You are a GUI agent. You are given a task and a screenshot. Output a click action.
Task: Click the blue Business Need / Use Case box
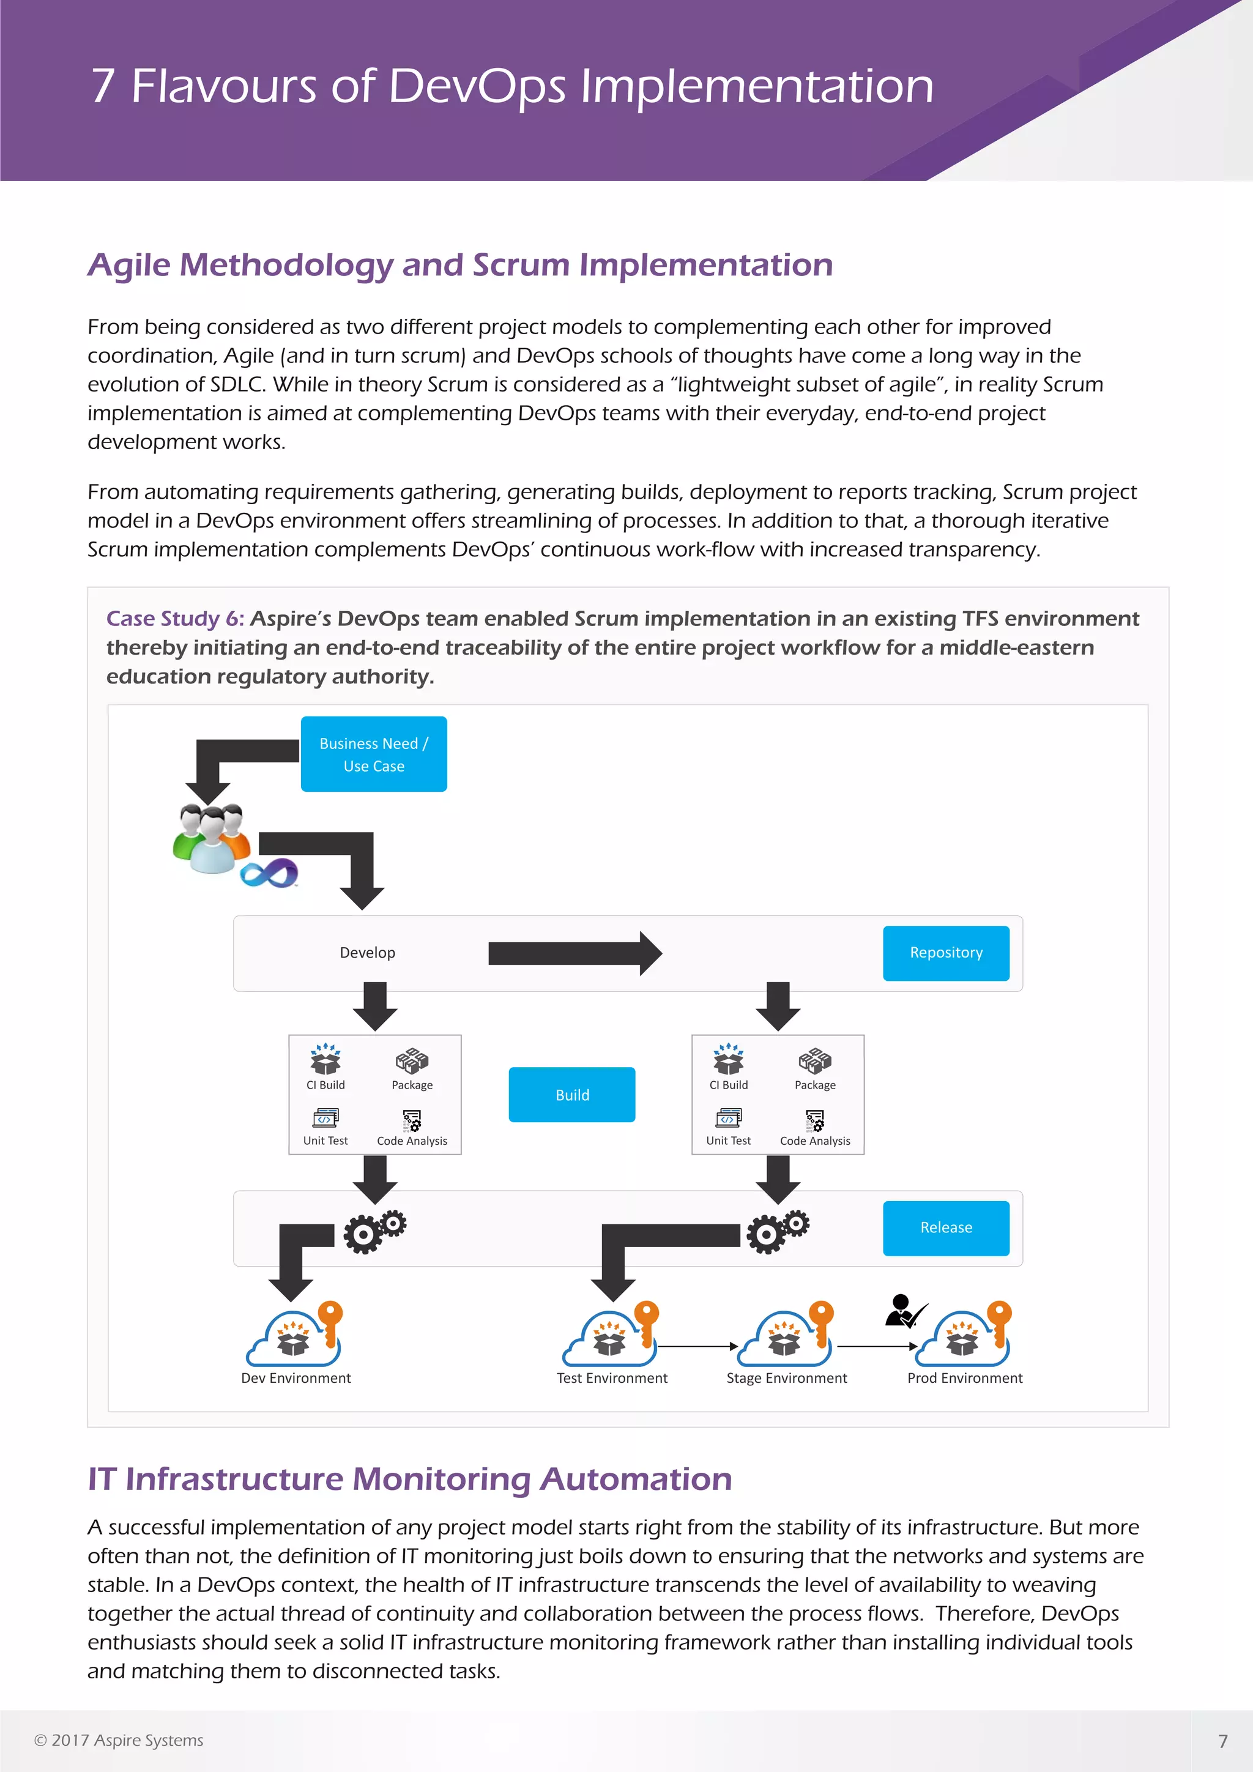click(373, 754)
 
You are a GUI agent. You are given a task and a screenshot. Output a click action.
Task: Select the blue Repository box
click(946, 953)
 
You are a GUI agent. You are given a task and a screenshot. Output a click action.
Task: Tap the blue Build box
click(571, 1095)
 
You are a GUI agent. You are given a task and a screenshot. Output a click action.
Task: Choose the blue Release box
click(946, 1228)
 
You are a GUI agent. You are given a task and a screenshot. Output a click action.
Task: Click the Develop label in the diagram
click(367, 953)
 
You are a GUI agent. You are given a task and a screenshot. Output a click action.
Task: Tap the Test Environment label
click(612, 1379)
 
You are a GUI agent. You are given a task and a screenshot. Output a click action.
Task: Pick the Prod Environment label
click(964, 1379)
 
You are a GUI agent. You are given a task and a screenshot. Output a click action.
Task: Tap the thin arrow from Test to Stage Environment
click(697, 1346)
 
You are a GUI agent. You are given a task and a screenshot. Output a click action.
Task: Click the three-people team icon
click(210, 838)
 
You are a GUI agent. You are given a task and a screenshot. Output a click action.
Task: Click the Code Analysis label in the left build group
click(412, 1141)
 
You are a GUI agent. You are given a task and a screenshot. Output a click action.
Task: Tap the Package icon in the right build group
click(815, 1061)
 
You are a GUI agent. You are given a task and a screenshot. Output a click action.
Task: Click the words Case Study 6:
click(175, 619)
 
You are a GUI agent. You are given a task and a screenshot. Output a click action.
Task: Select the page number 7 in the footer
click(1222, 1741)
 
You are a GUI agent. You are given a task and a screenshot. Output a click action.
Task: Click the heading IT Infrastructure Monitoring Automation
click(410, 1480)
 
